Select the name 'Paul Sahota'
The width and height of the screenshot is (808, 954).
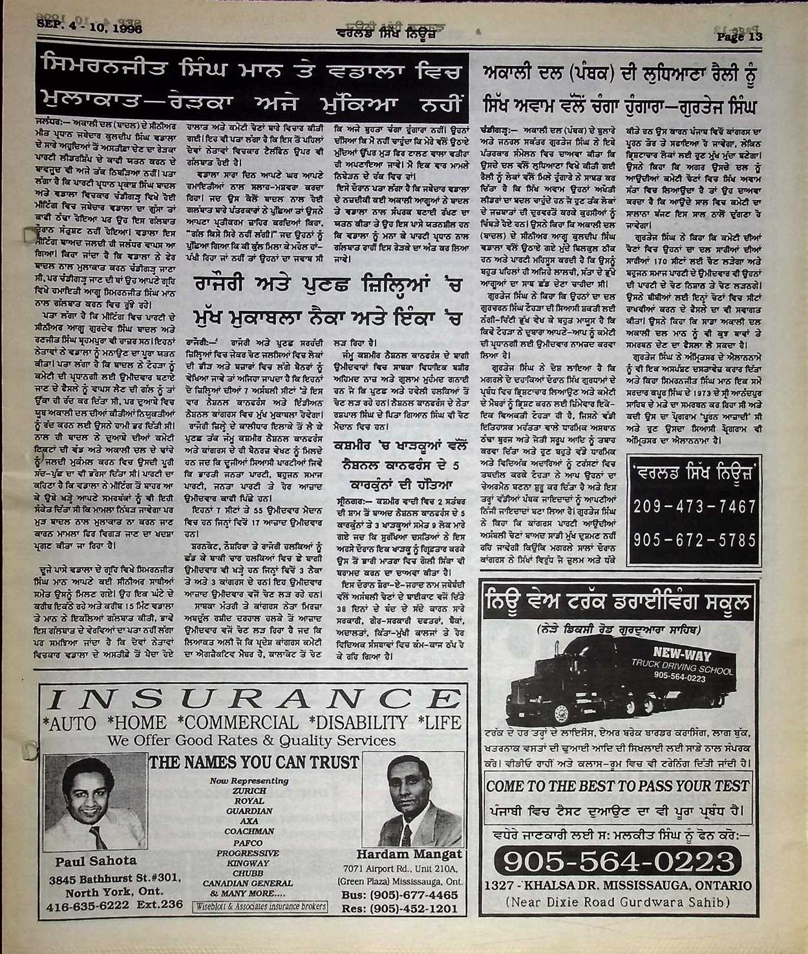point(96,860)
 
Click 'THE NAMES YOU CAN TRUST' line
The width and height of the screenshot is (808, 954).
point(253,762)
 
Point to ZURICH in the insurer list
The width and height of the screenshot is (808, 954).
point(249,790)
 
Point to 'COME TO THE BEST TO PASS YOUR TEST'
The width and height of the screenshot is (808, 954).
point(617,785)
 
